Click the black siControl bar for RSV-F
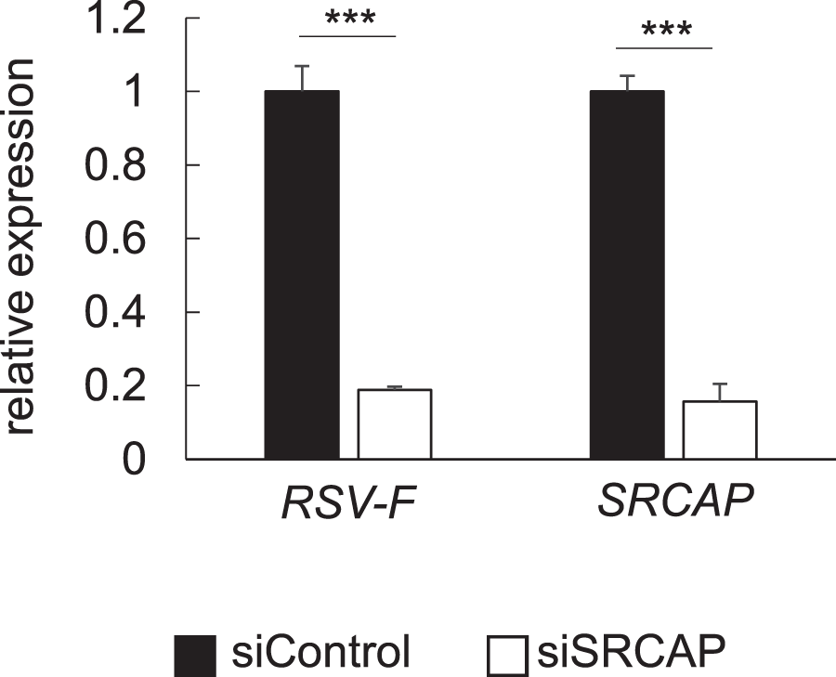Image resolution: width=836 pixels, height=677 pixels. pyautogui.click(x=302, y=275)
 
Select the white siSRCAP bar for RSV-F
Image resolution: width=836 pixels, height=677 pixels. pyautogui.click(x=395, y=423)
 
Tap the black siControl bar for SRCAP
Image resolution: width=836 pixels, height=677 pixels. pyautogui.click(x=627, y=275)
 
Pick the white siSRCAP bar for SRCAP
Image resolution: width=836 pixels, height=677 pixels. pyautogui.click(x=720, y=430)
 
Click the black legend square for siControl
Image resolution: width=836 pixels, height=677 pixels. pyautogui.click(x=195, y=656)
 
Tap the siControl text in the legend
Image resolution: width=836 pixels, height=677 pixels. pyautogui.click(x=320, y=654)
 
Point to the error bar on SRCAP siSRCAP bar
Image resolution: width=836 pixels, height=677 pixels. pyautogui.click(x=720, y=392)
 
